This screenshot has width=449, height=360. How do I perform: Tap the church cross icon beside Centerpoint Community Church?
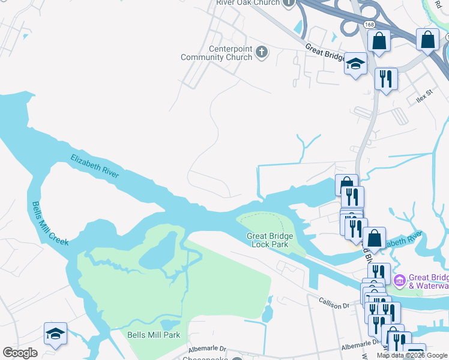pos(261,52)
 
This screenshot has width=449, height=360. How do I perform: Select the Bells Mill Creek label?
pos(50,223)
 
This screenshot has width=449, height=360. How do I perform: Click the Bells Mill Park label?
pos(154,335)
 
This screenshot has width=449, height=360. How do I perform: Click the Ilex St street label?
pos(424,94)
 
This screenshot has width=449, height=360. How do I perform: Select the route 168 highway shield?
pos(369,23)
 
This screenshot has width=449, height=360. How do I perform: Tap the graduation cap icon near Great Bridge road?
pos(356,64)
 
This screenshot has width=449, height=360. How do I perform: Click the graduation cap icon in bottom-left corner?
pos(55,334)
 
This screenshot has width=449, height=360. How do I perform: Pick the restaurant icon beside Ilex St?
pos(385,78)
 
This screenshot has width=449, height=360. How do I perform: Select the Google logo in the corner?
pos(20,353)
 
